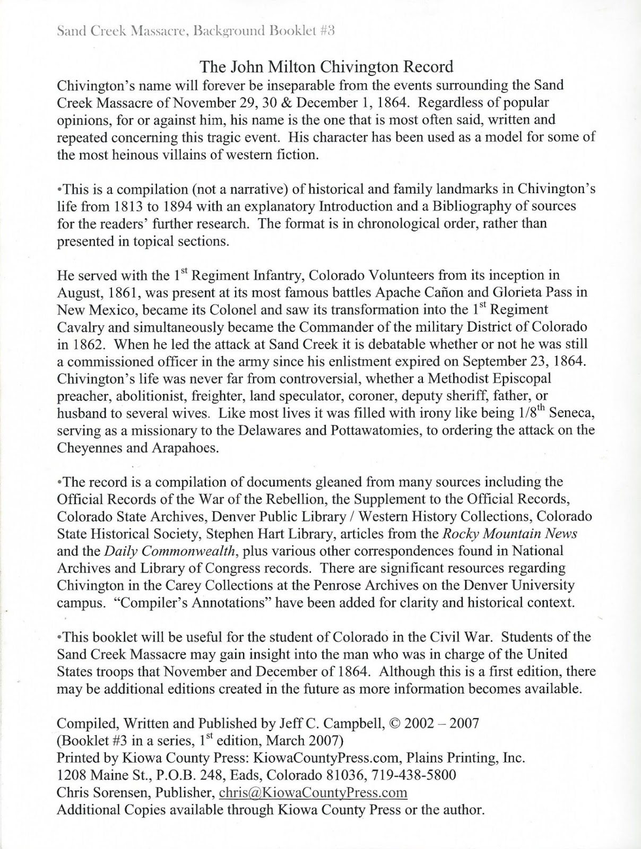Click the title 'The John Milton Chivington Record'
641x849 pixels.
pos(326,67)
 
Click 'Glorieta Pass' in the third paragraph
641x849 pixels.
pos(507,292)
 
